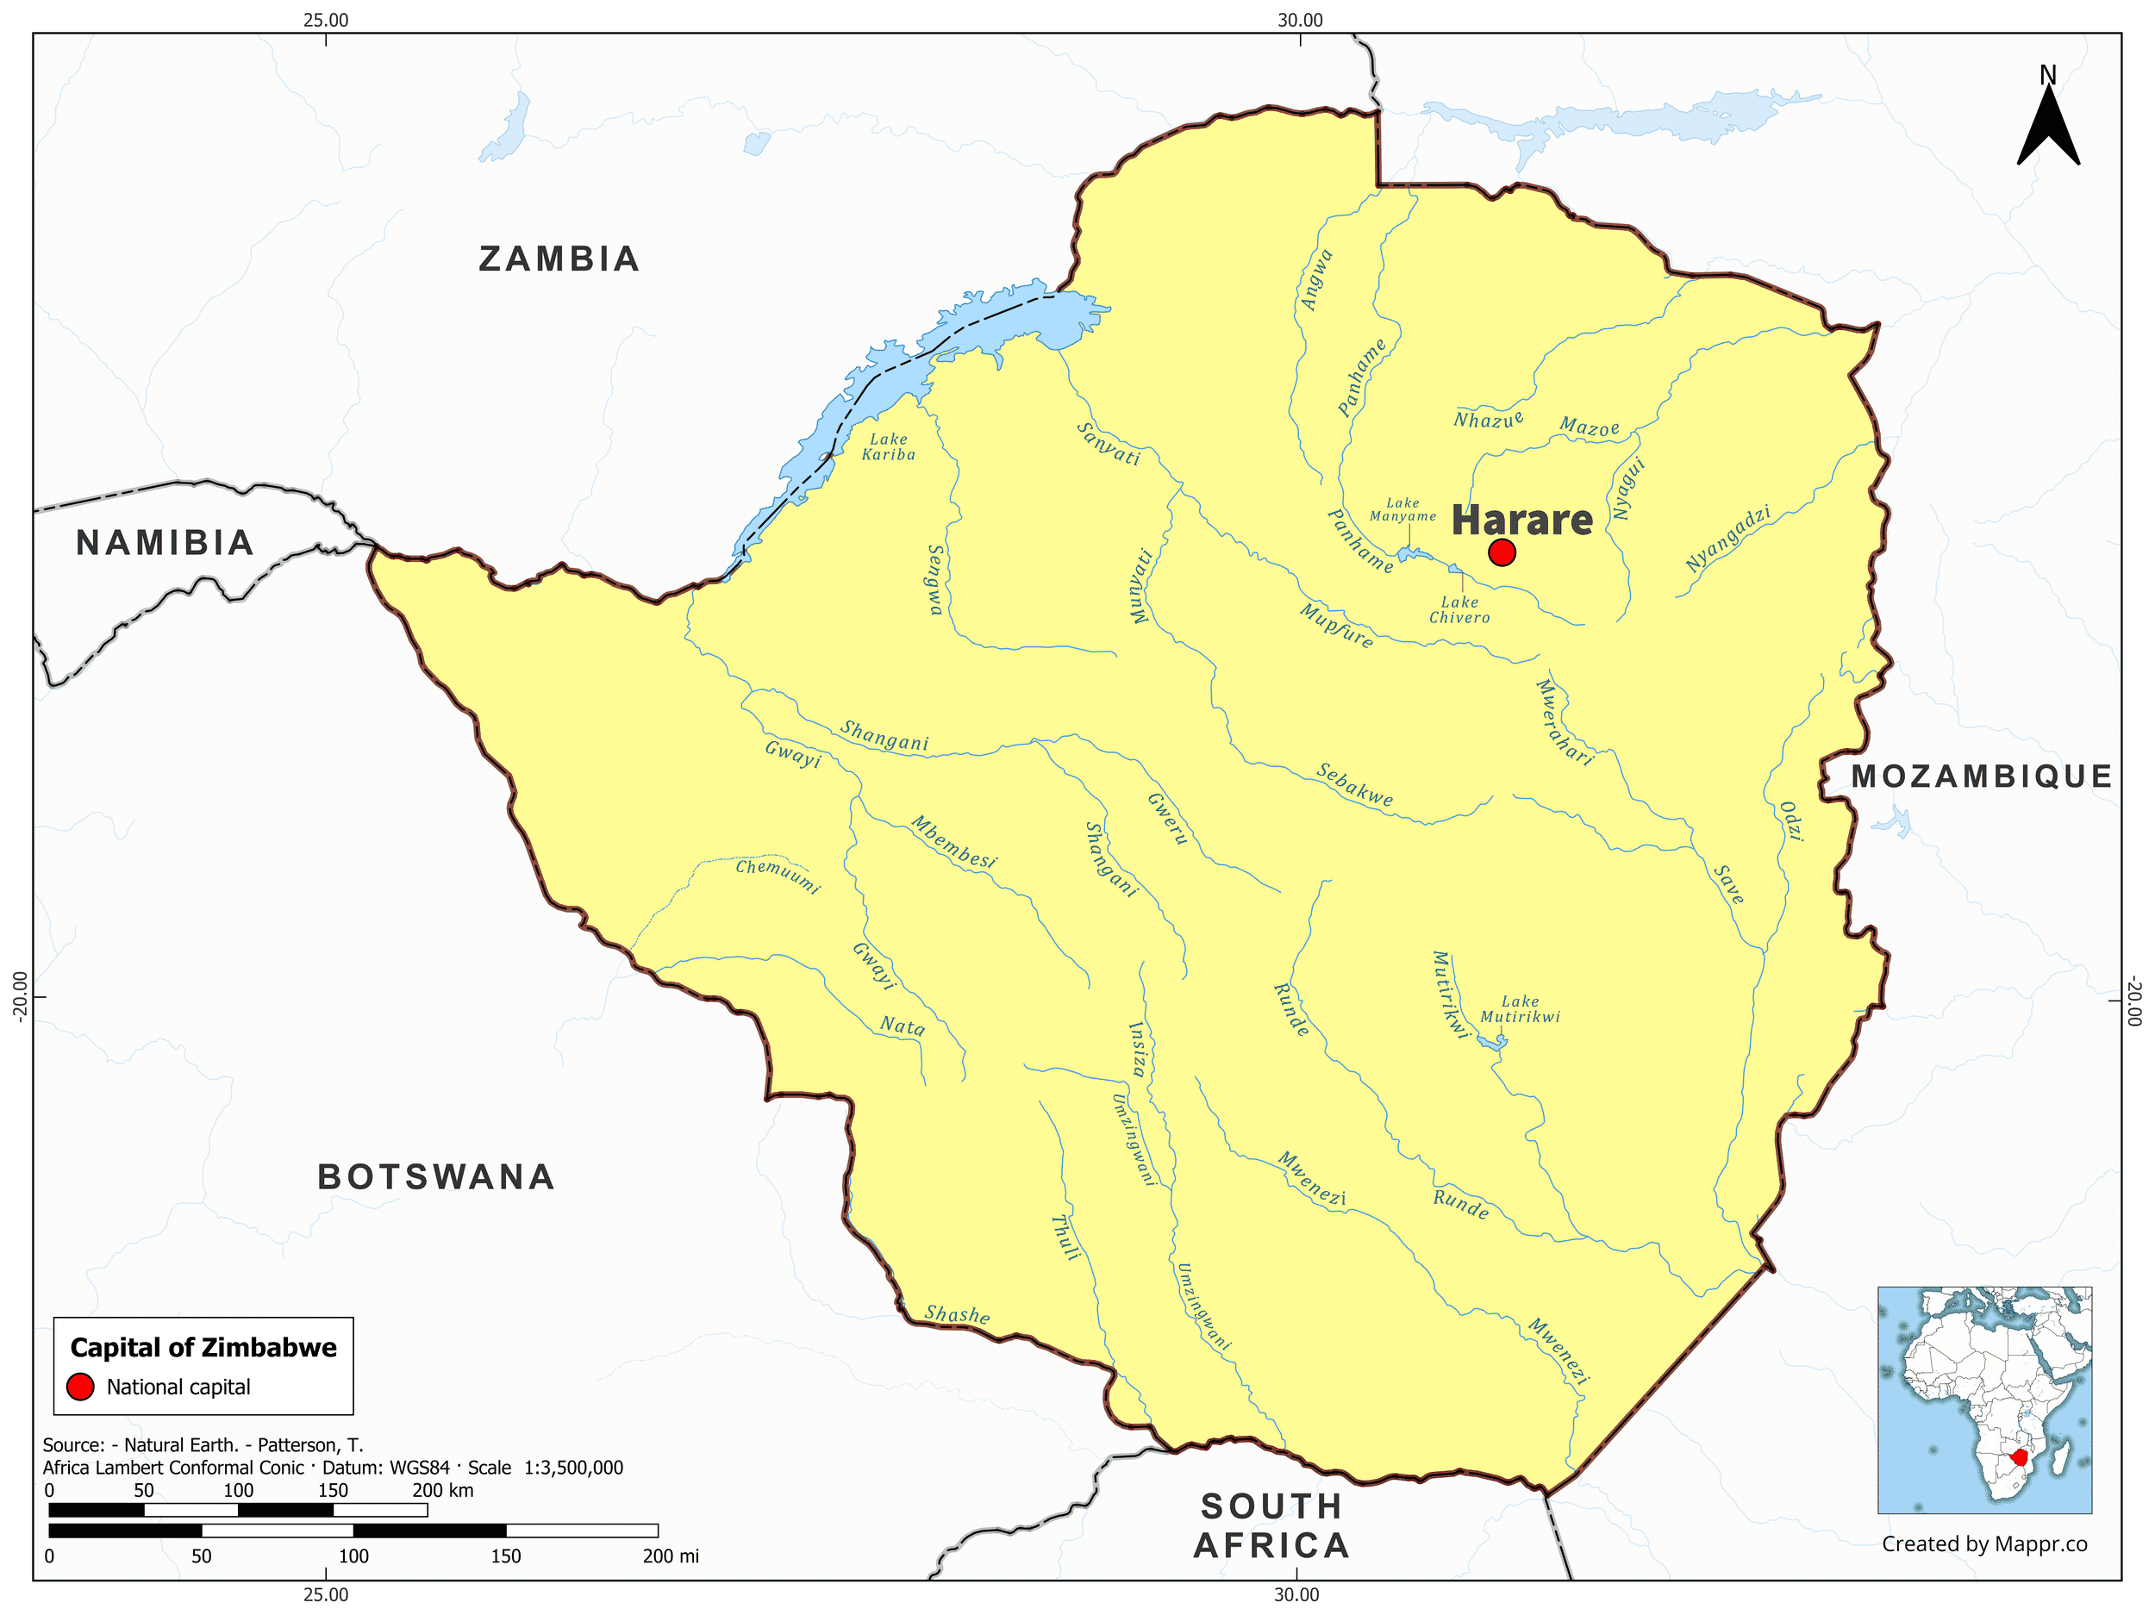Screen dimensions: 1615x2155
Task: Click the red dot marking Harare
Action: [x=1502, y=552]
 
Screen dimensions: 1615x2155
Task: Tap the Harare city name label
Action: [x=1521, y=521]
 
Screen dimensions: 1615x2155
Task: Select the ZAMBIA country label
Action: [x=559, y=259]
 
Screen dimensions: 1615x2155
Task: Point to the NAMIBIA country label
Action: [x=165, y=543]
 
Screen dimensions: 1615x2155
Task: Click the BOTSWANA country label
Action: [x=435, y=1176]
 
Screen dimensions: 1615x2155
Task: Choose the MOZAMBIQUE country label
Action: [x=1982, y=776]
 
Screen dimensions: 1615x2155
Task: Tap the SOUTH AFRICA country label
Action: [x=1271, y=1525]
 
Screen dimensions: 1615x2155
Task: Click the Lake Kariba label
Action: [x=889, y=447]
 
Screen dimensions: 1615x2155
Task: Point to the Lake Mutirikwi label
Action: [x=1520, y=1009]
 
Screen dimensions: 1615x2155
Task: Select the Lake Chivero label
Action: [x=1459, y=610]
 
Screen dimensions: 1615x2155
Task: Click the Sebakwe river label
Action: [x=1355, y=785]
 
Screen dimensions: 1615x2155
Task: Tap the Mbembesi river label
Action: [x=953, y=844]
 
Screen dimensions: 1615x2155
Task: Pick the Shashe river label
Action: [x=957, y=1315]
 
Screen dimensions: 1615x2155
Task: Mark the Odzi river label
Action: [x=1790, y=821]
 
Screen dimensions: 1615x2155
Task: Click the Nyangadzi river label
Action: [x=1728, y=539]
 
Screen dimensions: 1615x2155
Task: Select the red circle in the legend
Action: [x=80, y=1387]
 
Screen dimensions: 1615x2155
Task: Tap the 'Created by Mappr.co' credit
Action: [x=1984, y=1543]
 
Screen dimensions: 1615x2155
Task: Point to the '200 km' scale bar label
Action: [x=442, y=1490]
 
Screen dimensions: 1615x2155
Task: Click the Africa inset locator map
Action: [x=1984, y=1400]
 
